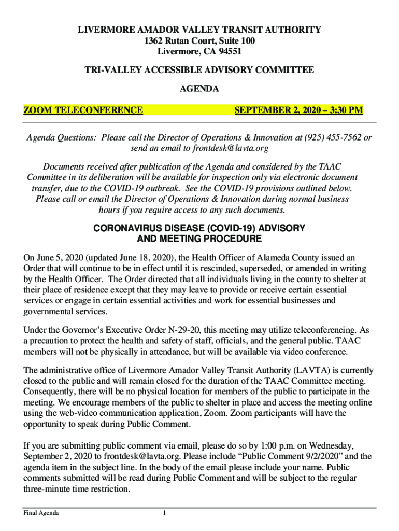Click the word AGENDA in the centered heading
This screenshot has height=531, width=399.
pyautogui.click(x=199, y=89)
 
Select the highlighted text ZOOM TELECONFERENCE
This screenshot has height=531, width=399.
pyautogui.click(x=83, y=110)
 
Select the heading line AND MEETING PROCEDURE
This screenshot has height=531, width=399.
pyautogui.click(x=199, y=239)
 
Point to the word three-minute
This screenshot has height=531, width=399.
pyautogui.click(x=47, y=489)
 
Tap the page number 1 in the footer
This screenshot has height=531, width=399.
pyautogui.click(x=164, y=513)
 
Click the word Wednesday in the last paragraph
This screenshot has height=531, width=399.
pyautogui.click(x=330, y=445)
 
